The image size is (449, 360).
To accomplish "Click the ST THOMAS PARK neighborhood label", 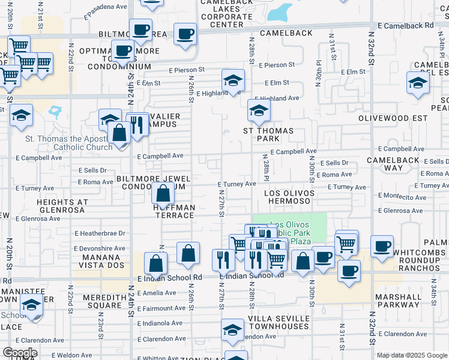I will tap(268, 135).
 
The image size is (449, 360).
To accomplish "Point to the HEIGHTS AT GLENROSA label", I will tap(62, 207).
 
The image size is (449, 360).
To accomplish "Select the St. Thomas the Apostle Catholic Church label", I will tap(67, 143).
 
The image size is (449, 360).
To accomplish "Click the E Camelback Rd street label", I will tap(406, 26).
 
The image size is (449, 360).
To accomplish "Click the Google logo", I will tap(19, 353).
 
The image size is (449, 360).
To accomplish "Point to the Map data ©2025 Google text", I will tap(412, 355).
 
